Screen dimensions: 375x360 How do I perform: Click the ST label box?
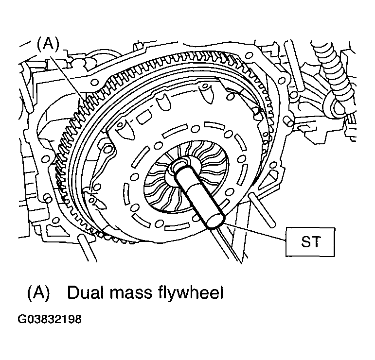coord(310,242)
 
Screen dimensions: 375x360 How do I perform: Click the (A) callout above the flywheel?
coord(48,45)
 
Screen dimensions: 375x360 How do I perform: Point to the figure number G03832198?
coord(50,319)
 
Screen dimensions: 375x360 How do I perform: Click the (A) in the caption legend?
coord(38,292)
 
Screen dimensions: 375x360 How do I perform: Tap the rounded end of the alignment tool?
coord(216,221)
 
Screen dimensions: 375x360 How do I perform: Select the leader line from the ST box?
coord(255,231)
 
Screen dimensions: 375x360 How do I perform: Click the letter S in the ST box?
coord(305,241)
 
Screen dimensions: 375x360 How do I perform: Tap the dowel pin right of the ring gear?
coord(289,122)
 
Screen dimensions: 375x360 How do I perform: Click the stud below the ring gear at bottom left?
coord(88,248)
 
